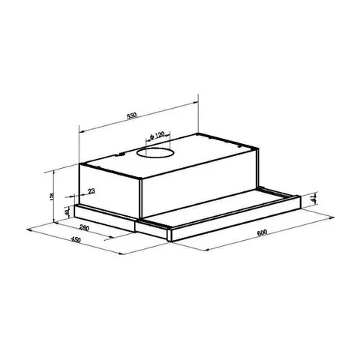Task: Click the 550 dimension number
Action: [x=130, y=118]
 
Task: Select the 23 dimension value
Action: [x=91, y=192]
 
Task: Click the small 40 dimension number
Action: [x=67, y=212]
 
